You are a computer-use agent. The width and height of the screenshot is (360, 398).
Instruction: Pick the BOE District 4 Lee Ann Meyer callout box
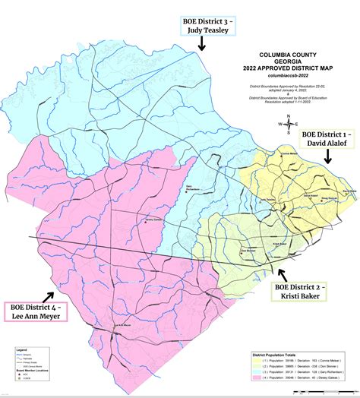pyautogui.click(x=36, y=312)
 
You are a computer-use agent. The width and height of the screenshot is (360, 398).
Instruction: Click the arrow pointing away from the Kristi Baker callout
pyautogui.click(x=282, y=273)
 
